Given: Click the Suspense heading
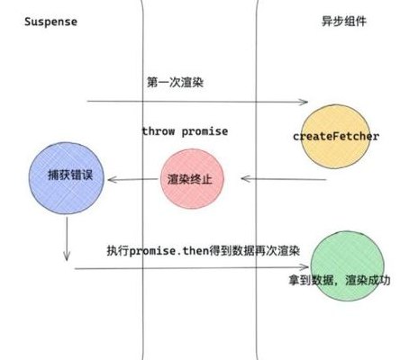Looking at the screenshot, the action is click(50, 22).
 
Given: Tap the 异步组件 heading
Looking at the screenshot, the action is click(344, 22).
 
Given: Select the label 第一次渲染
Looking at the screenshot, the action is click(175, 82).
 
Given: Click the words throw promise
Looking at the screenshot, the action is click(185, 131).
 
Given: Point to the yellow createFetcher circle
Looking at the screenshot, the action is click(335, 137).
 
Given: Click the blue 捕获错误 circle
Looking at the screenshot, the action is click(67, 178).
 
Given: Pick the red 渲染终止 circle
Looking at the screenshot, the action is click(192, 179).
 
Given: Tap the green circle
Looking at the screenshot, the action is click(348, 265).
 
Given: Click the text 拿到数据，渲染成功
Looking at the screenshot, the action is click(340, 280).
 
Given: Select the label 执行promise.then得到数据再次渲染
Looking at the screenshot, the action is click(204, 250).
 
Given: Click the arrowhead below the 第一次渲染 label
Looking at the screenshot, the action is click(304, 102).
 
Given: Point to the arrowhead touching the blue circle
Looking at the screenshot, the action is click(113, 180).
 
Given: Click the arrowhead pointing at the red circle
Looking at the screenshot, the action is click(246, 179).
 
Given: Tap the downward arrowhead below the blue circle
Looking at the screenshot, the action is click(67, 256).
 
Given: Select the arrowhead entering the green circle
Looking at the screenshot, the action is click(304, 267).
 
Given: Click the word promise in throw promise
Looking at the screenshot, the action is click(204, 131).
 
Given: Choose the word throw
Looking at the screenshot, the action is click(159, 131).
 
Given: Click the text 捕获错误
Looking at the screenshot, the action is click(70, 175).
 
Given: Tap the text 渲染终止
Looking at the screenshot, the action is click(190, 179).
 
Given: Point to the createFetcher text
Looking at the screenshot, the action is click(336, 137).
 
